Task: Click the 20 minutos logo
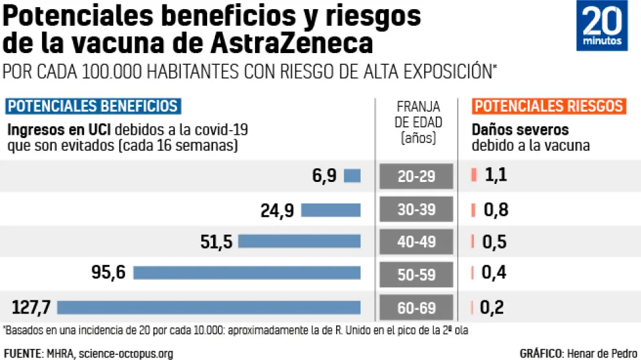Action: pos(602,26)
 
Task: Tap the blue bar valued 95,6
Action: pos(247,273)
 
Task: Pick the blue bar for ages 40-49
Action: pos(299,242)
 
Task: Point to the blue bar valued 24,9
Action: pos(331,210)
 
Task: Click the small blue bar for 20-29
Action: pos(352,175)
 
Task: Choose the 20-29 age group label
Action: pos(417,176)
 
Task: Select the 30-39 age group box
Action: pos(417,209)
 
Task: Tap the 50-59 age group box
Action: pos(417,275)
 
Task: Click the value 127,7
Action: pos(32,307)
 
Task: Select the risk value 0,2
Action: pos(492,308)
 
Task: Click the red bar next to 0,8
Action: pos(473,209)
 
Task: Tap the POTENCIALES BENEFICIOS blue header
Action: pos(93,106)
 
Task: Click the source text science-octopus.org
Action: pos(126,353)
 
